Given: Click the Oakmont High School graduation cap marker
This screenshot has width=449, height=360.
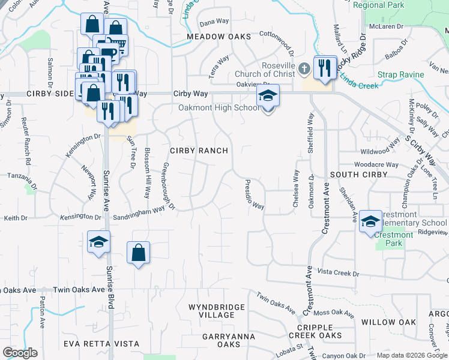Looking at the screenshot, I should click(268, 95).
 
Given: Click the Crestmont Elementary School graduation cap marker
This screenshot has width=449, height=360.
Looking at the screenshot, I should click(370, 221).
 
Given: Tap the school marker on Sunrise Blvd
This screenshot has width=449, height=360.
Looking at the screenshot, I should click(98, 242).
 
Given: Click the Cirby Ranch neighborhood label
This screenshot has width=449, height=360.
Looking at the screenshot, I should click(199, 151).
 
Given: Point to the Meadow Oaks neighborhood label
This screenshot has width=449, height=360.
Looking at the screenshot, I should click(218, 37).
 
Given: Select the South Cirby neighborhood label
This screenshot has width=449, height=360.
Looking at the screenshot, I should click(353, 175).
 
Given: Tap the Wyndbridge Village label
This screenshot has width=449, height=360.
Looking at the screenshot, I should click(217, 311).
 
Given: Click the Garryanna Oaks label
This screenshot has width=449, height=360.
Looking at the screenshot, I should click(221, 340).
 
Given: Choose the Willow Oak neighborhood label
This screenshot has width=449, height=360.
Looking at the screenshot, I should click(388, 322).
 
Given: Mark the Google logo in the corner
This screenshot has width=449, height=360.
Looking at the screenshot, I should click(20, 353).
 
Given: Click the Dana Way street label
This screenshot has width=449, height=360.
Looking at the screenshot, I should click(214, 22).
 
